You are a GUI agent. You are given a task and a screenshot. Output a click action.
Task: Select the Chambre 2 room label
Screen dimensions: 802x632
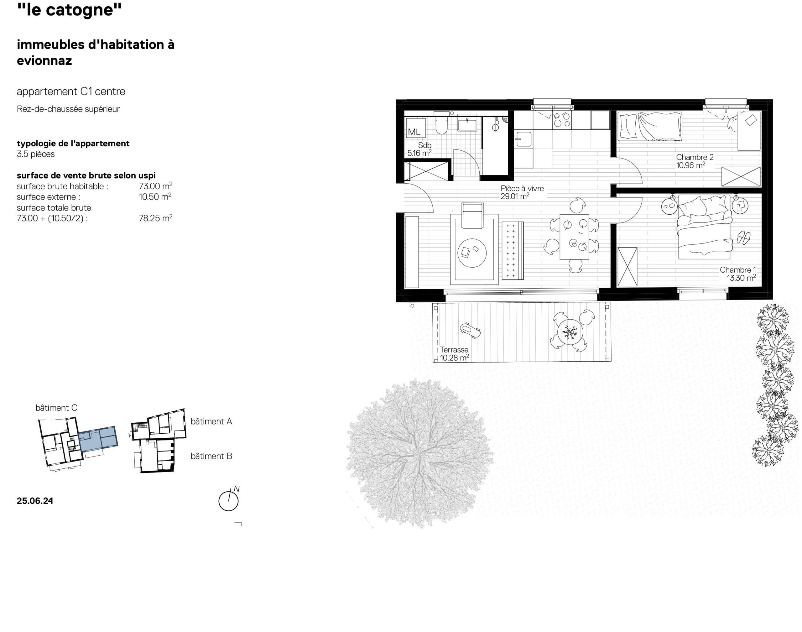click(x=695, y=157)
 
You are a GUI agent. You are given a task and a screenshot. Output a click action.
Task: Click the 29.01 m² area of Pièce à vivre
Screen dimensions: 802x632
click(x=515, y=196)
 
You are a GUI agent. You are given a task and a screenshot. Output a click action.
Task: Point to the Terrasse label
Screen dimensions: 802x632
click(x=454, y=350)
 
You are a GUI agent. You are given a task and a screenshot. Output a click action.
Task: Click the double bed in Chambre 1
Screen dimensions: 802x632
click(x=704, y=227)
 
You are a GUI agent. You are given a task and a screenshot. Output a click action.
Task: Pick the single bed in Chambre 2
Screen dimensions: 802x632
click(x=650, y=127)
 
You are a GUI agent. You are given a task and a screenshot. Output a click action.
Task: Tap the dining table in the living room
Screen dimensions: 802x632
click(x=574, y=237)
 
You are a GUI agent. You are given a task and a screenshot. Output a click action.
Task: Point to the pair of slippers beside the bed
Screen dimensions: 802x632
click(x=743, y=238)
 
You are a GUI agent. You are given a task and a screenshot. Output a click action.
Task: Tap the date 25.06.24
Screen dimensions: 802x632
click(x=35, y=501)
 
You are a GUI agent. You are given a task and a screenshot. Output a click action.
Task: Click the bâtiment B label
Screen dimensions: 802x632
click(x=211, y=456)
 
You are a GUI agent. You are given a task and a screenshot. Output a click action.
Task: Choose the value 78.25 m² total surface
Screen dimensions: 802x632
click(x=155, y=218)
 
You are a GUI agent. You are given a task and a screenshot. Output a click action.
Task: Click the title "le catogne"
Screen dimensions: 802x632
click(x=69, y=10)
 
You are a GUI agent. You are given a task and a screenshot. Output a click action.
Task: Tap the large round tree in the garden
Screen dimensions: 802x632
click(x=419, y=453)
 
